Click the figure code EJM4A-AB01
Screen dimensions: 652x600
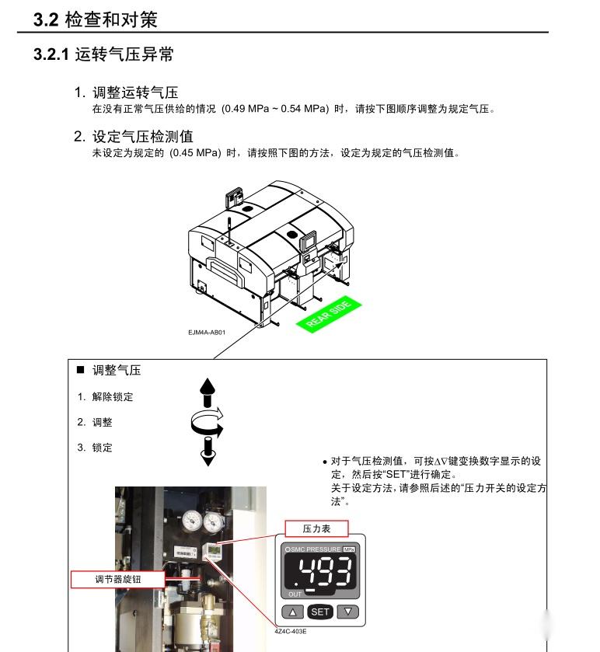coord(207,333)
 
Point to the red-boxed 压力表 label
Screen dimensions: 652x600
coord(316,528)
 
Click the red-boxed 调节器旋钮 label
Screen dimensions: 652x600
coord(118,580)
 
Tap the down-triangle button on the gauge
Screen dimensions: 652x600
coord(348,612)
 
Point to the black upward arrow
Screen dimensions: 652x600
coord(208,392)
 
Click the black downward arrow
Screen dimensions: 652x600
coord(208,450)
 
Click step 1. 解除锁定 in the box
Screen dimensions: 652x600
coord(105,396)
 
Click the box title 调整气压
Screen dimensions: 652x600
coord(117,370)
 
